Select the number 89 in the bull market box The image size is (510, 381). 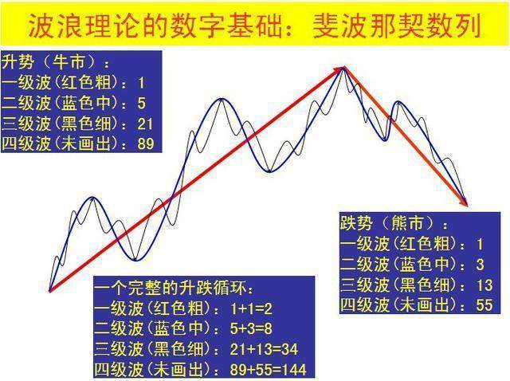click(x=146, y=143)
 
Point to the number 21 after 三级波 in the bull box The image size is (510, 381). click(x=146, y=123)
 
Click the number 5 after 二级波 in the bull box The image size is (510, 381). click(x=141, y=102)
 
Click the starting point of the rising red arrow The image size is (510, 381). click(x=49, y=290)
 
